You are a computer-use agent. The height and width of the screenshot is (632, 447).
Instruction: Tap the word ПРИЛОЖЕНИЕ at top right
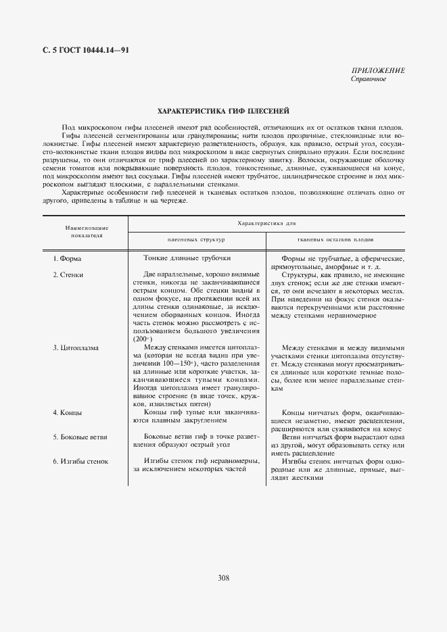coord(378,70)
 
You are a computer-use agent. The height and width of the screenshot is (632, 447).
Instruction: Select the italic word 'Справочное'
coord(369,79)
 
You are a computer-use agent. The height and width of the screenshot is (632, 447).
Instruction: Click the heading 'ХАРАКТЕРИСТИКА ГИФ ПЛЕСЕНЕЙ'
coord(223,110)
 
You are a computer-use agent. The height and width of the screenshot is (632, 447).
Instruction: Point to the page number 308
coord(224,577)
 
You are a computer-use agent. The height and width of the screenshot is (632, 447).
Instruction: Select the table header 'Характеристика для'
coord(266,222)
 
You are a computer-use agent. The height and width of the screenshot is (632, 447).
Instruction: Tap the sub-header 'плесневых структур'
coord(196,240)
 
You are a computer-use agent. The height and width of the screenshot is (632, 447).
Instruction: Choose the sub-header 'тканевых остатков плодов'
coord(336,240)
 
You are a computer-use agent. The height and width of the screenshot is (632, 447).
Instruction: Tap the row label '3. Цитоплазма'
coord(76,347)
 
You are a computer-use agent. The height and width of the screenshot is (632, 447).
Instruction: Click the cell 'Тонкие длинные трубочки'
coord(187,258)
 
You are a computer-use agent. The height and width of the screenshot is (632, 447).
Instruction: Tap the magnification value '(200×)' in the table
coord(143,339)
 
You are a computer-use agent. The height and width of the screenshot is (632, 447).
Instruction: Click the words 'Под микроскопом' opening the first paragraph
coord(89,128)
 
